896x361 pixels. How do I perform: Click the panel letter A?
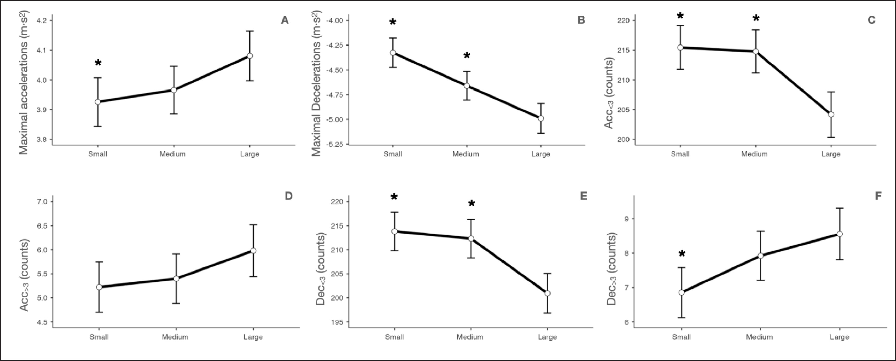(x=285, y=20)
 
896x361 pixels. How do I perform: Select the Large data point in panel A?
(x=250, y=56)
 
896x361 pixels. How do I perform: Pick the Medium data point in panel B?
(x=467, y=86)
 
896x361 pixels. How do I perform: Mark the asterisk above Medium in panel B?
(x=467, y=56)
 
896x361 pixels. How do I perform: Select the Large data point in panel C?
(x=831, y=115)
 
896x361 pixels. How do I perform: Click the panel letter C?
(x=871, y=20)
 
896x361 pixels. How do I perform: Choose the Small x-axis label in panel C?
(x=680, y=154)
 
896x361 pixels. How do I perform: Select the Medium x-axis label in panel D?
(x=175, y=337)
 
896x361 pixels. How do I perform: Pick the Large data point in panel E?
(x=547, y=293)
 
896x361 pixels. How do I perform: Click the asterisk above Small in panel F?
(x=682, y=254)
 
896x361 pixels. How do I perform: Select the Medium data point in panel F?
(x=760, y=256)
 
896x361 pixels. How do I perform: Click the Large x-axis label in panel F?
(x=839, y=337)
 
